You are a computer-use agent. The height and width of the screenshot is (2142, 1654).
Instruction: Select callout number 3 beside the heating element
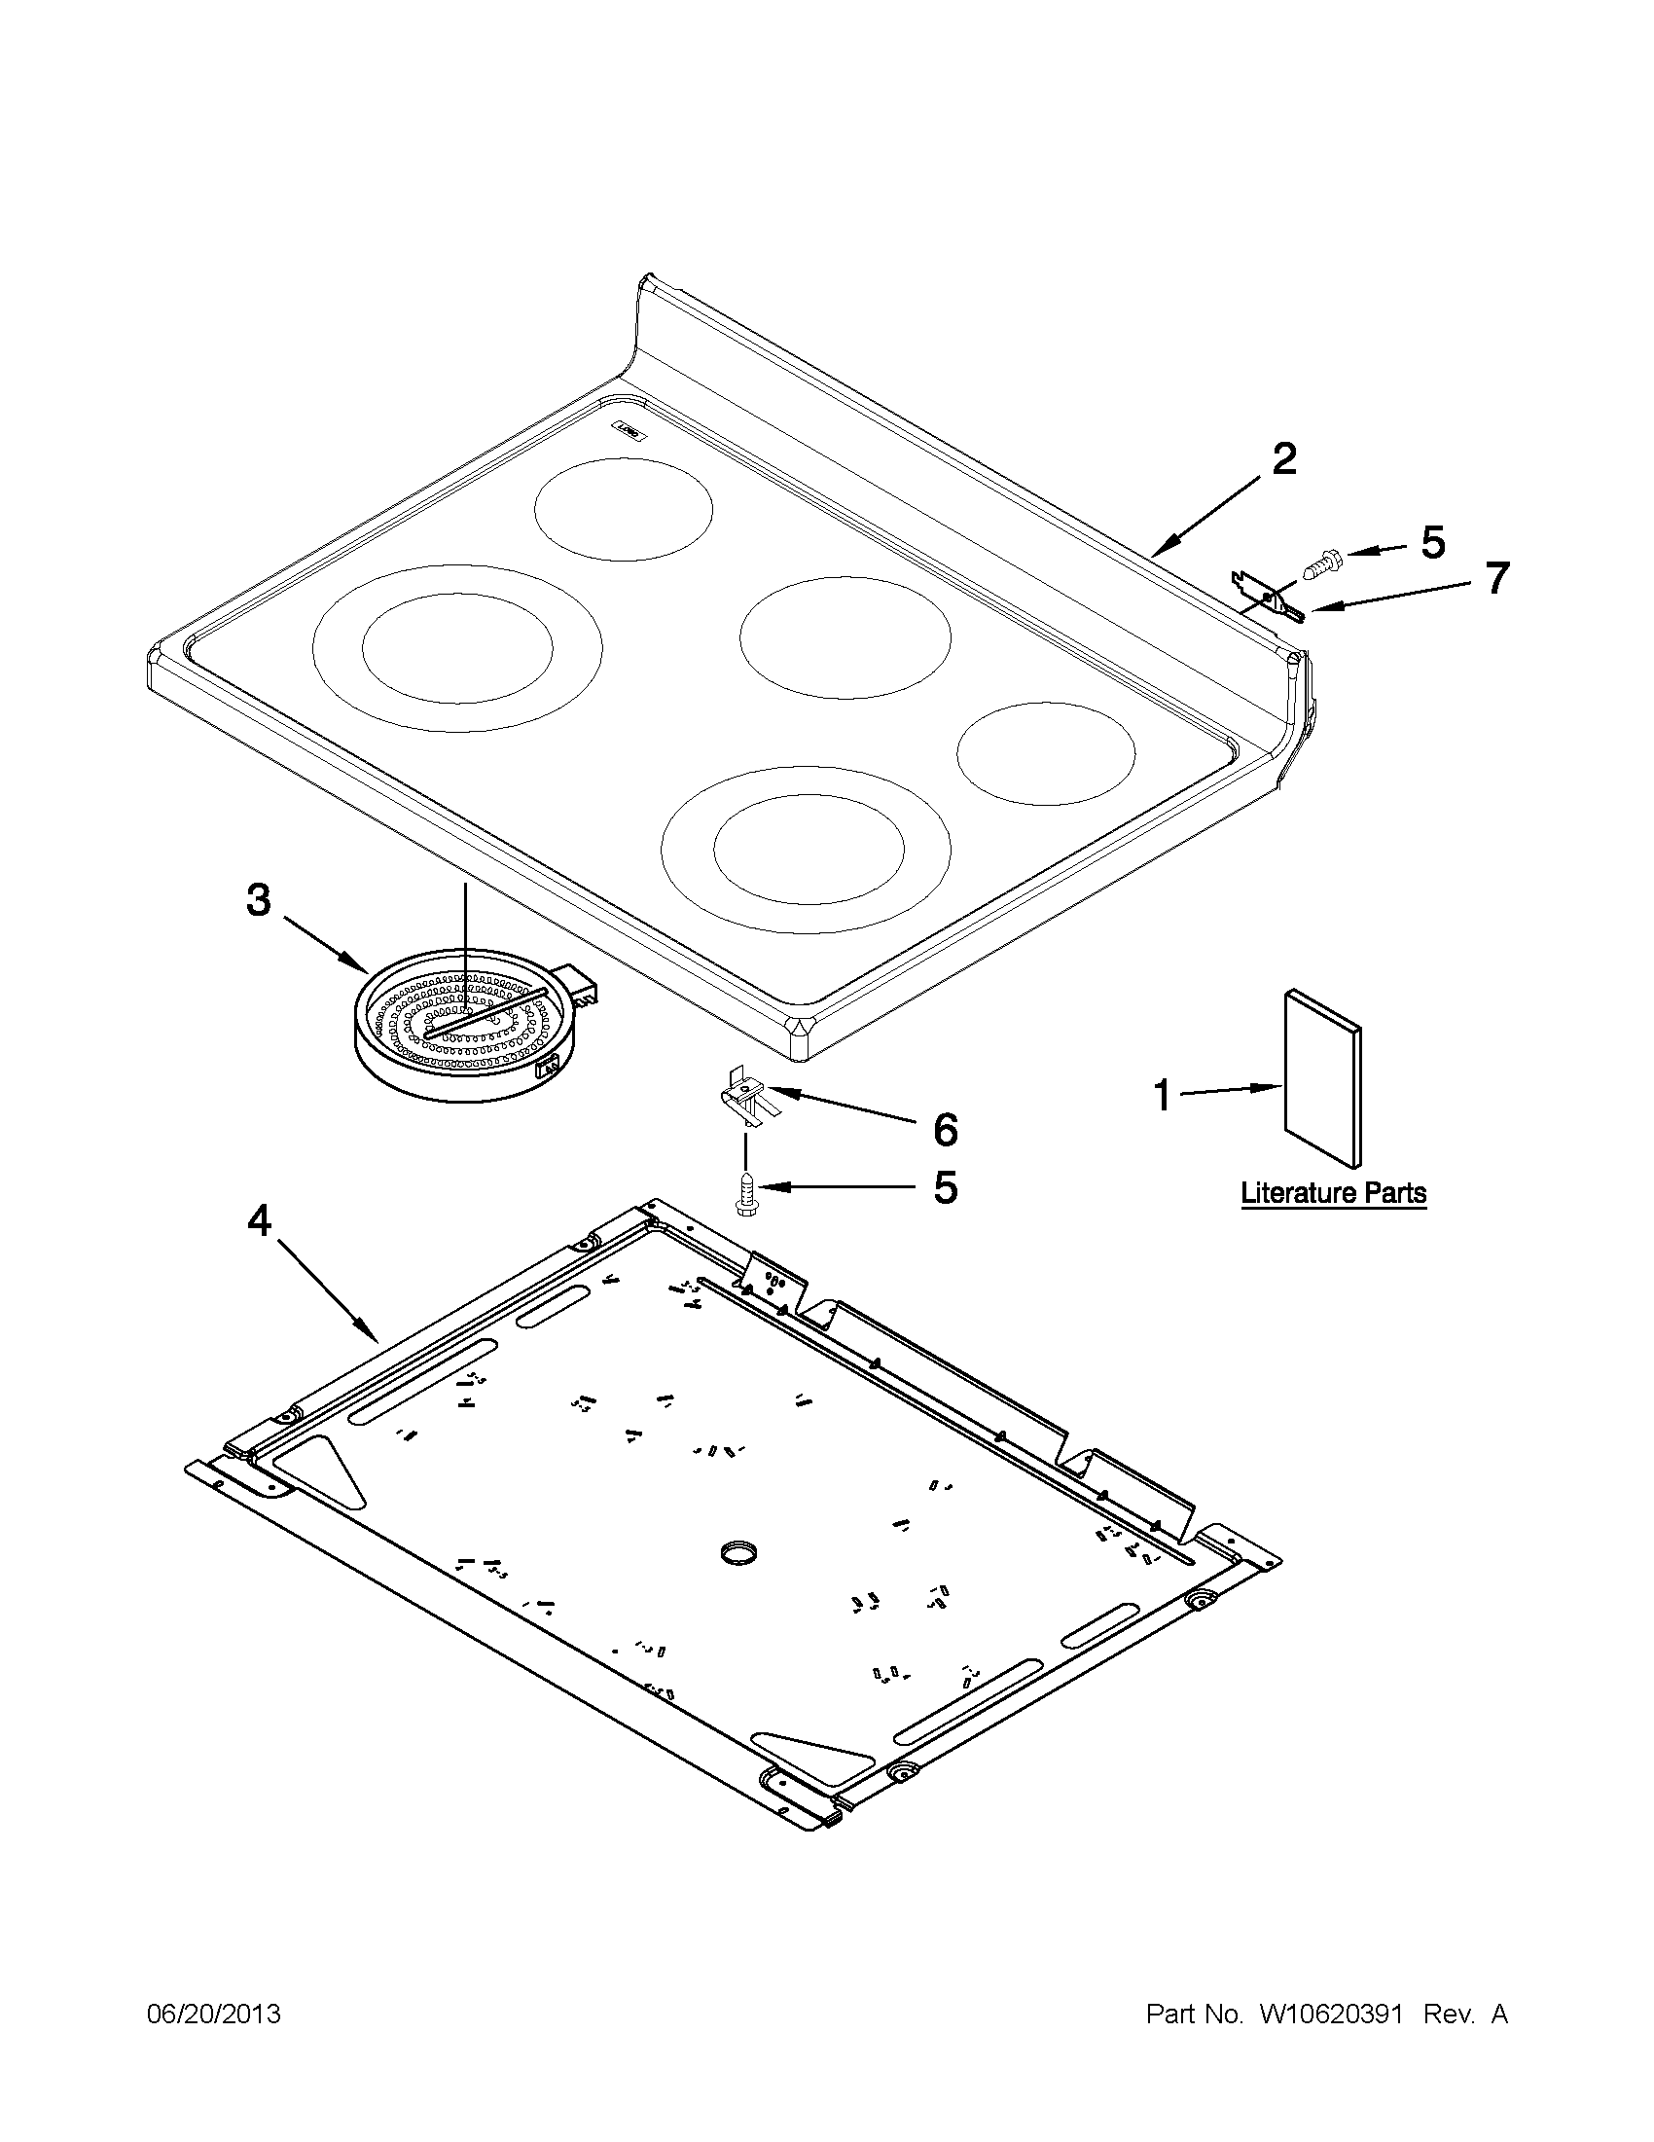pos(258,898)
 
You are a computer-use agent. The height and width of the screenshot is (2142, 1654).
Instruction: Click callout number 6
pos(944,1129)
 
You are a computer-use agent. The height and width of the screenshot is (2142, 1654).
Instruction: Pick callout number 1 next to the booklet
pos(1163,1096)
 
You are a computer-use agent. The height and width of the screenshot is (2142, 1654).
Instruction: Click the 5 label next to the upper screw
pos(1433,542)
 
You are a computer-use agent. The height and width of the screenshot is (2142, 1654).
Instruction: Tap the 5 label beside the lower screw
pos(944,1187)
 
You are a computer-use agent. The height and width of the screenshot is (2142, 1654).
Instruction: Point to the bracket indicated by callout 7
pos(1266,597)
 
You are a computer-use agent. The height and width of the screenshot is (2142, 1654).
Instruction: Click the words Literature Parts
pos(1333,1193)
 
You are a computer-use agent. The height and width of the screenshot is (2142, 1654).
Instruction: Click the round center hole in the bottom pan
pos(740,1550)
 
